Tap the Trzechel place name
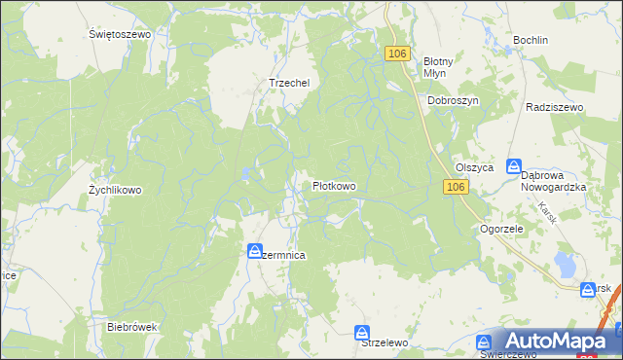pyautogui.click(x=288, y=84)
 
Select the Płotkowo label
pyautogui.click(x=333, y=186)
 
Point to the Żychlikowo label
pyautogui.click(x=115, y=191)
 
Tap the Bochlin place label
pyautogui.click(x=531, y=41)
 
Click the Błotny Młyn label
pyautogui.click(x=433, y=66)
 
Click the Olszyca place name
pyautogui.click(x=475, y=167)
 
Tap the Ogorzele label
pyautogui.click(x=502, y=230)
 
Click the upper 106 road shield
pyautogui.click(x=396, y=54)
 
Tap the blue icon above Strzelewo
pyautogui.click(x=362, y=332)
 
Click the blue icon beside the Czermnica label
pyautogui.click(x=254, y=250)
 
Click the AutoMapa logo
pyautogui.click(x=556, y=341)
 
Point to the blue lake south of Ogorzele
pyautogui.click(x=564, y=263)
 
